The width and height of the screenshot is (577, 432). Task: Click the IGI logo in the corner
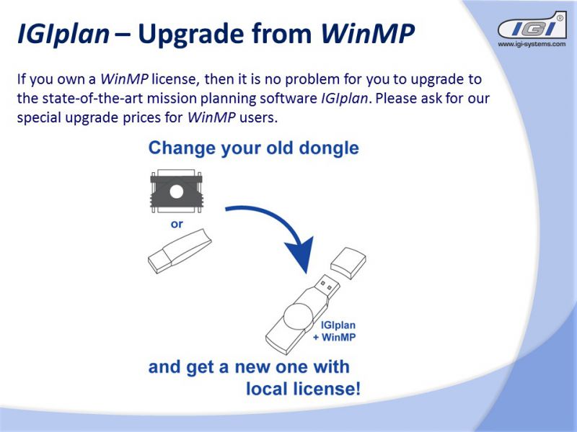pyautogui.click(x=532, y=25)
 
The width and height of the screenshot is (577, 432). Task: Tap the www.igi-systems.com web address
pyautogui.click(x=532, y=44)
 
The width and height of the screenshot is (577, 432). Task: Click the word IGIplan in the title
pyautogui.click(x=63, y=34)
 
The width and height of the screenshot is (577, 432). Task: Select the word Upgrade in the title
pyautogui.click(x=191, y=34)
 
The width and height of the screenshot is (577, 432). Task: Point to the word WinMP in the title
pyautogui.click(x=368, y=33)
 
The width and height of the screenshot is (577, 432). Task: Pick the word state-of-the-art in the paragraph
pyautogui.click(x=92, y=99)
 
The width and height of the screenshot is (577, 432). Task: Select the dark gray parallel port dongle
pyautogui.click(x=176, y=192)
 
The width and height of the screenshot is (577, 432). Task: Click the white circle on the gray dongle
pyautogui.click(x=176, y=192)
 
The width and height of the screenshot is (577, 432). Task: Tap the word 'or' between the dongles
pyautogui.click(x=177, y=224)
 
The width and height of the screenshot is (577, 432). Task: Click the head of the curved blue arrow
pyautogui.click(x=300, y=254)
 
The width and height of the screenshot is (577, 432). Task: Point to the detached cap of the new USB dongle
pyautogui.click(x=348, y=263)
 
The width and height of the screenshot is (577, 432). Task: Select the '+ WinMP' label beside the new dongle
pyautogui.click(x=335, y=337)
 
